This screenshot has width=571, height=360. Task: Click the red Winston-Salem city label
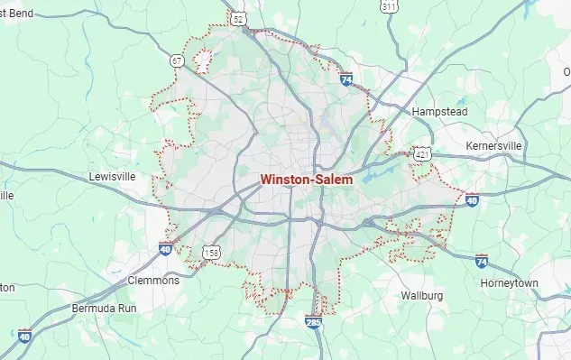[314, 180]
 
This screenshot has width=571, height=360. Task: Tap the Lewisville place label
[113, 176]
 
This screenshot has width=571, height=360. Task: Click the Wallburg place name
[421, 295]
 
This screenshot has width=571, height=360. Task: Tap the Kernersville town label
[494, 146]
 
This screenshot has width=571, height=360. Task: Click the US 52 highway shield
[238, 17]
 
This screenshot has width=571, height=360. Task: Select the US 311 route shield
[389, 6]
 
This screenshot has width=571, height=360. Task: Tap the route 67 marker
[178, 60]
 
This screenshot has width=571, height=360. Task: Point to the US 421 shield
[422, 154]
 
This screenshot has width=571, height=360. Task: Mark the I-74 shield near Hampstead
[346, 78]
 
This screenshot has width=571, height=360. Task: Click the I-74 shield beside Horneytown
[482, 262]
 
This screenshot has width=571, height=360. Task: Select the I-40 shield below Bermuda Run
[25, 336]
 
